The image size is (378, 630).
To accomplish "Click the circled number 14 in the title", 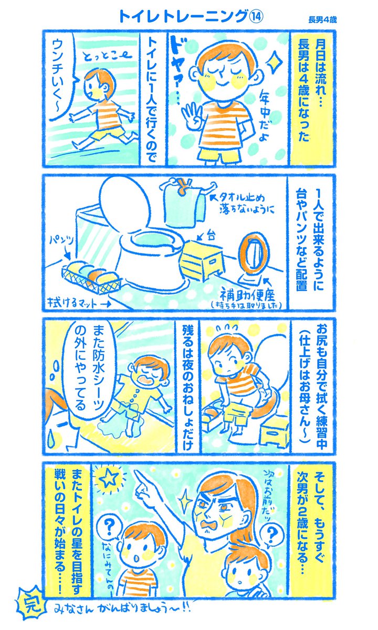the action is [x=255, y=17].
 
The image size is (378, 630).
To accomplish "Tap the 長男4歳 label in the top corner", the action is [x=322, y=20].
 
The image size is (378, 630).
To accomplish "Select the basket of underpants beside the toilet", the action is [x=92, y=277].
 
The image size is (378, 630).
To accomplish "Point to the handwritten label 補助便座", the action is [x=247, y=296].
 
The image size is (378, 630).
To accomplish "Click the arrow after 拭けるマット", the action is [x=104, y=304].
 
